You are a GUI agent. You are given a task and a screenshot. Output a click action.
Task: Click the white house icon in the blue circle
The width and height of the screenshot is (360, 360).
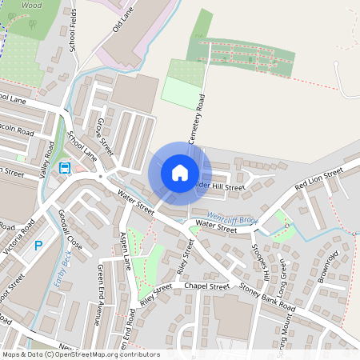click(180, 172)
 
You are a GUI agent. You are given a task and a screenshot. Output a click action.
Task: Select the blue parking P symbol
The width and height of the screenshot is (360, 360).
click(37, 246)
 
